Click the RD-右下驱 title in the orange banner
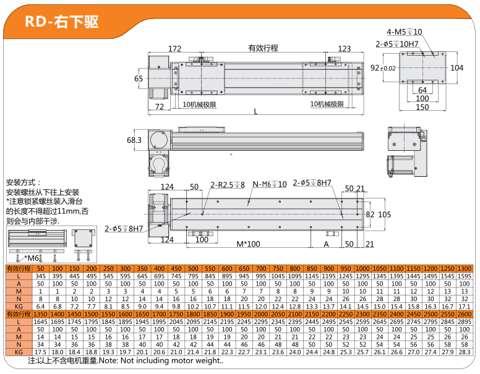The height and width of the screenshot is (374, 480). coord(61,22)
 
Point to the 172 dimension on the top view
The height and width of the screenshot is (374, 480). coord(175,49)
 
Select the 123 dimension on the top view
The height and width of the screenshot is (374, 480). coord(345,49)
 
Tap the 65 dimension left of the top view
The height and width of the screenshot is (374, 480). coord(139,79)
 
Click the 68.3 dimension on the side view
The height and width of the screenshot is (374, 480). coord(134,140)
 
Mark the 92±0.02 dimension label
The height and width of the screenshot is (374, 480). coord(383,68)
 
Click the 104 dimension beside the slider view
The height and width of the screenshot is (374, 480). coord(456,68)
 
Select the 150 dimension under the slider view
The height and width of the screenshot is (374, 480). coord(422,107)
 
